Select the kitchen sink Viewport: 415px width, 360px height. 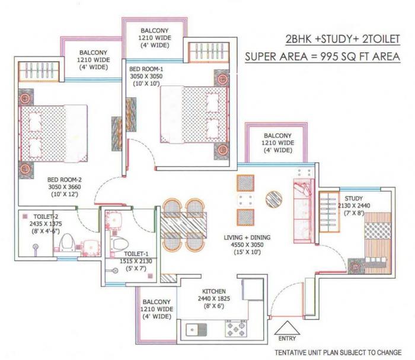pyautogui.click(x=195, y=328)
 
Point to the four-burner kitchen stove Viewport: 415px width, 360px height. pyautogui.click(x=235, y=327)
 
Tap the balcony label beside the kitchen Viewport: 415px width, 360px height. pyautogui.click(x=156, y=301)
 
